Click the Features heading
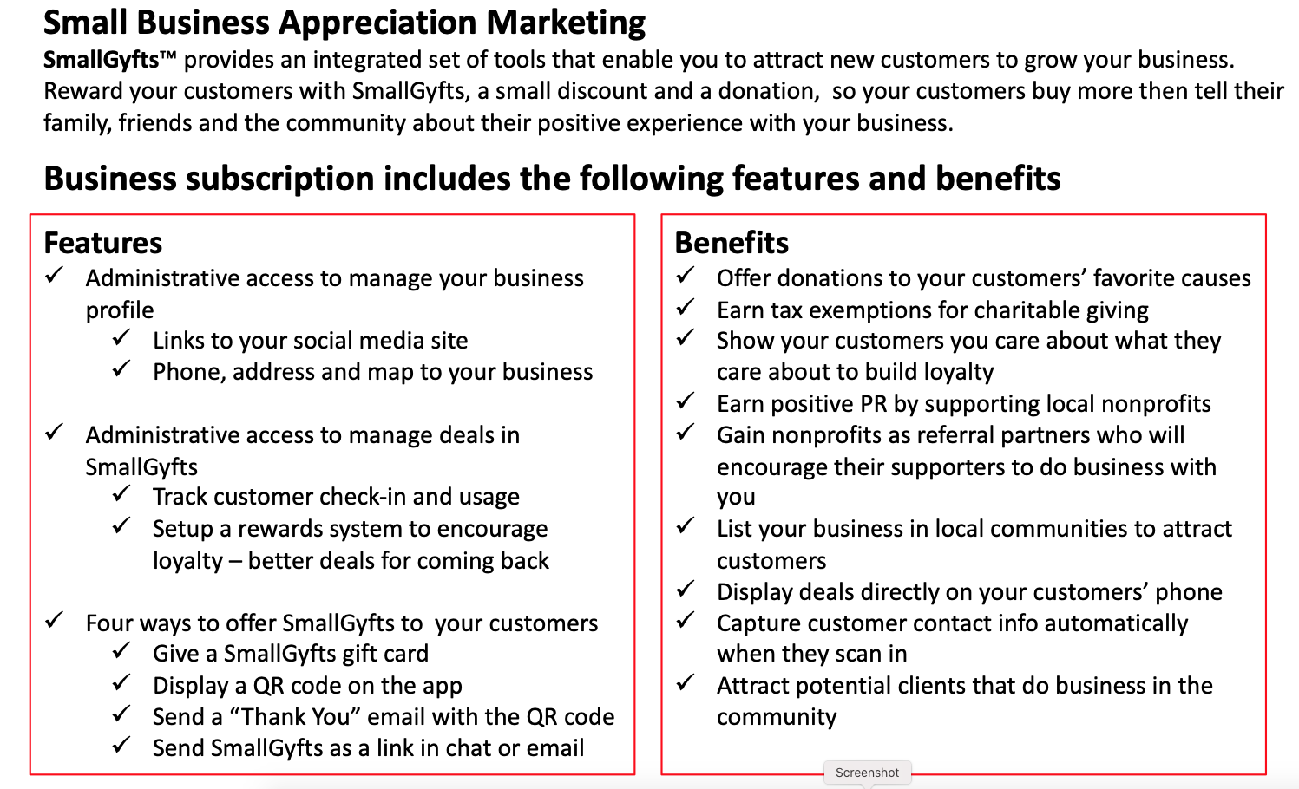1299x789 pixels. tap(102, 243)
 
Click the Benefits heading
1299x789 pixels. tap(732, 243)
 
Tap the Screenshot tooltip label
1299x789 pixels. tap(867, 773)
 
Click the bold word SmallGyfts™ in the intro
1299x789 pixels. tap(109, 60)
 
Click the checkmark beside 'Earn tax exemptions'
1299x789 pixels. tap(685, 307)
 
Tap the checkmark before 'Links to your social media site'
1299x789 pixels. tap(121, 337)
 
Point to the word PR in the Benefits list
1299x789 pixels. tap(873, 404)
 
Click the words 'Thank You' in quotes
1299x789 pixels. tap(297, 717)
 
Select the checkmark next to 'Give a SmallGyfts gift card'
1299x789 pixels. tap(121, 650)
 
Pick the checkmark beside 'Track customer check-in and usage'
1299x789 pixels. tap(121, 493)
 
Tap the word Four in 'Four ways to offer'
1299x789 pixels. tap(108, 623)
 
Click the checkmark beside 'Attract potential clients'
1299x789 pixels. tap(685, 682)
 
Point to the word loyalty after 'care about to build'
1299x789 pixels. tap(959, 373)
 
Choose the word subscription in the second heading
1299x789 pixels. tap(279, 179)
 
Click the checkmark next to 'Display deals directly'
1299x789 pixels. tap(685, 589)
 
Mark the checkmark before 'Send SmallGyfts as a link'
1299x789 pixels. tap(121, 745)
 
